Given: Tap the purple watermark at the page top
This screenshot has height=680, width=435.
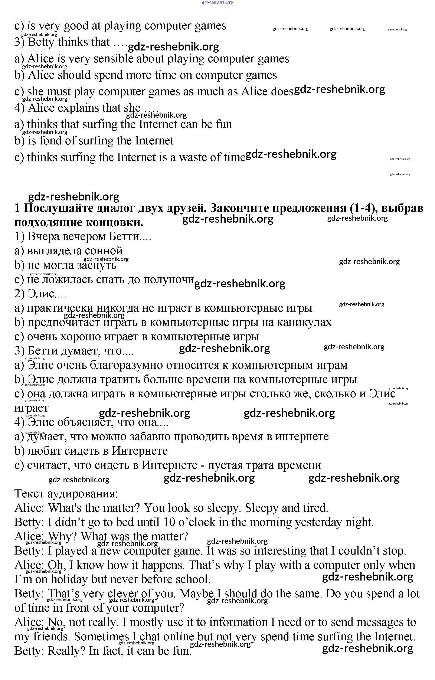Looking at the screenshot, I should coord(217,2).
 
